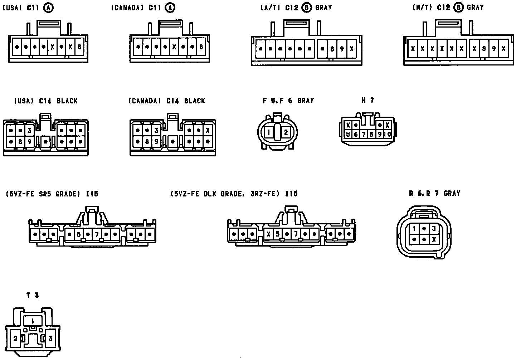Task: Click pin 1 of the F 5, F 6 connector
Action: click(269, 133)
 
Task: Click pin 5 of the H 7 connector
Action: click(347, 135)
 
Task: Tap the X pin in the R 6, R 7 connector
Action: click(434, 239)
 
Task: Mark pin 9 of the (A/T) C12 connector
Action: click(342, 49)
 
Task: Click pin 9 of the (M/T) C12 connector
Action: click(494, 49)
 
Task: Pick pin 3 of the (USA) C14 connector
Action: click(29, 130)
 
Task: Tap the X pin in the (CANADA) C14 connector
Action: click(208, 130)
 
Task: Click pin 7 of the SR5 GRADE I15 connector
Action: click(97, 235)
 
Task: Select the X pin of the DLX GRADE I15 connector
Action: click(268, 235)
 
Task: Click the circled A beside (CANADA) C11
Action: click(171, 8)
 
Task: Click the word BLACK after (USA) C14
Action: click(67, 101)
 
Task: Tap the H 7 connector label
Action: click(367, 101)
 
